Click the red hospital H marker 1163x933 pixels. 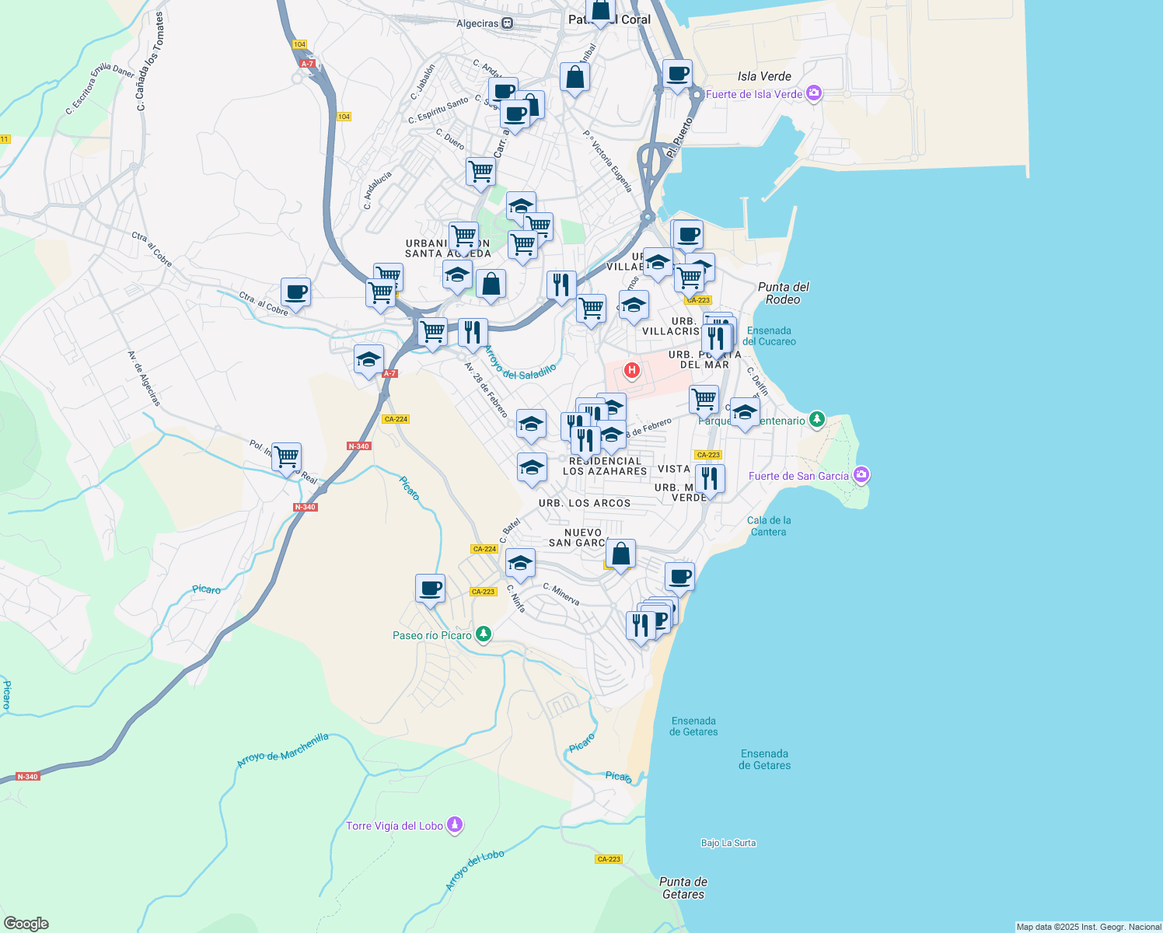pyautogui.click(x=632, y=370)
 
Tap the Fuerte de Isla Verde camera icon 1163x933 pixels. pyautogui.click(x=814, y=94)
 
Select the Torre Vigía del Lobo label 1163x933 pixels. pyautogui.click(x=394, y=826)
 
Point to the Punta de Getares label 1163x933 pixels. pyautogui.click(x=683, y=888)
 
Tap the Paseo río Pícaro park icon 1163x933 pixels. pyautogui.click(x=484, y=635)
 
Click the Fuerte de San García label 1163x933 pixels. pyautogui.click(x=798, y=476)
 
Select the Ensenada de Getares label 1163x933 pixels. pyautogui.click(x=693, y=726)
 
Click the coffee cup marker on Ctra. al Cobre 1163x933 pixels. pyautogui.click(x=295, y=292)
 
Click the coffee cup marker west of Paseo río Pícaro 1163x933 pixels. pyautogui.click(x=430, y=588)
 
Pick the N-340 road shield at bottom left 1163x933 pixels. pyautogui.click(x=27, y=777)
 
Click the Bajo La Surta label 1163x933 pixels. pyautogui.click(x=728, y=843)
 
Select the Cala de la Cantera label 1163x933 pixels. pyautogui.click(x=768, y=526)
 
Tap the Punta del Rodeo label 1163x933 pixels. pyautogui.click(x=783, y=293)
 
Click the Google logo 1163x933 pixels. pyautogui.click(x=26, y=924)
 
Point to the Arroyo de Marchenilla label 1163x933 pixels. pyautogui.click(x=283, y=750)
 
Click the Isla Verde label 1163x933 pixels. pyautogui.click(x=764, y=76)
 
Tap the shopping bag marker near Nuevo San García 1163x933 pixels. pyautogui.click(x=620, y=554)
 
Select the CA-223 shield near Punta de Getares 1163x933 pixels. pyautogui.click(x=609, y=859)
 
